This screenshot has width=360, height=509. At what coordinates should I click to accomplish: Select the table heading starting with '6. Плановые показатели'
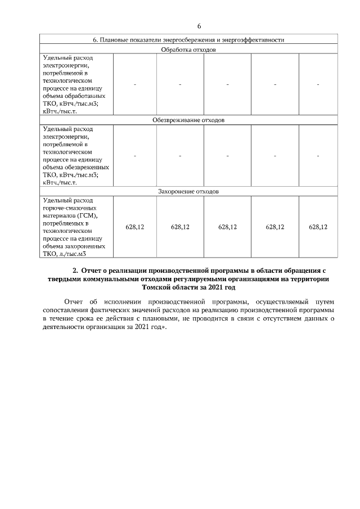point(188,40)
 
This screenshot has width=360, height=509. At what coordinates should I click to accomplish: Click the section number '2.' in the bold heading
point(75,271)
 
